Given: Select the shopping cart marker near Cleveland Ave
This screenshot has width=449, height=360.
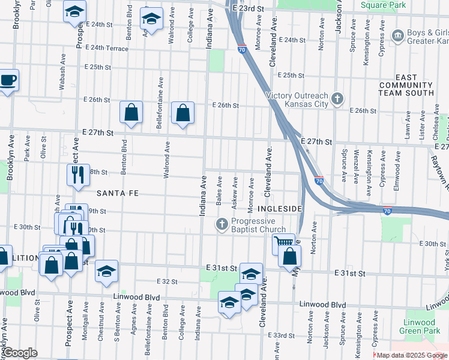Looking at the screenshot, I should tap(283, 244).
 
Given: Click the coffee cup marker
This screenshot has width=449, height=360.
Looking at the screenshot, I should tap(8, 80).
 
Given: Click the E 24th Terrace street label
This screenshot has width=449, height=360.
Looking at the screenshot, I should tap(107, 47).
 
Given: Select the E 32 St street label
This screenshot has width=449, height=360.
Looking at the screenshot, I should tap(167, 281).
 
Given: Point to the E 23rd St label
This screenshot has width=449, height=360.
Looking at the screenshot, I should tap(249, 8).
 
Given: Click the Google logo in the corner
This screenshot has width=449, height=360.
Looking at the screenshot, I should tap(20, 353).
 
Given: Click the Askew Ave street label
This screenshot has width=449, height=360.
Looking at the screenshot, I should tap(235, 188).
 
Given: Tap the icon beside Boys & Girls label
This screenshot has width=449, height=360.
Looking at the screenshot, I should tap(397, 37).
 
